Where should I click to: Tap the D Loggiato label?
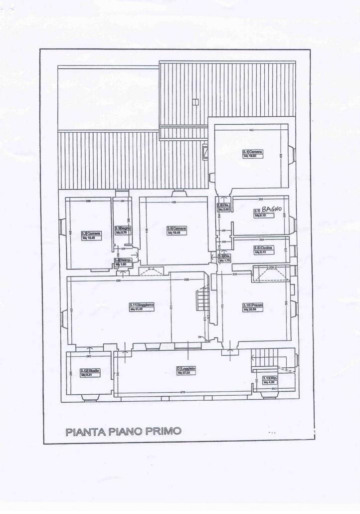(x=186, y=369)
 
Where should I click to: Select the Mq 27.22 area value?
(x=184, y=373)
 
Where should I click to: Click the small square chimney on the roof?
(x=195, y=102)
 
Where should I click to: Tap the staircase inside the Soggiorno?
(x=203, y=299)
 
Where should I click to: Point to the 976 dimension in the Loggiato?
(x=182, y=392)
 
